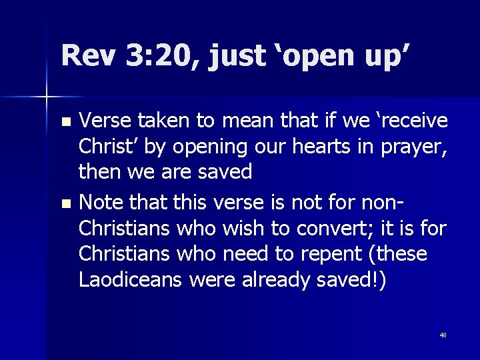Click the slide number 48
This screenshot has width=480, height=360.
click(x=443, y=335)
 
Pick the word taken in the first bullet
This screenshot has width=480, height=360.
click(x=163, y=121)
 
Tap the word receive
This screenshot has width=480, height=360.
click(x=408, y=121)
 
